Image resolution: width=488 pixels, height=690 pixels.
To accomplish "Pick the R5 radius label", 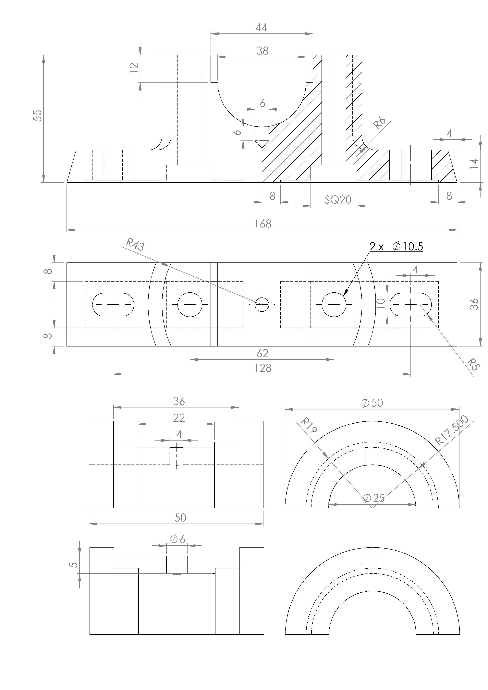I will click(473, 364).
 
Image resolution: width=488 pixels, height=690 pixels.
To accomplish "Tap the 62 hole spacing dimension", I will click(262, 353).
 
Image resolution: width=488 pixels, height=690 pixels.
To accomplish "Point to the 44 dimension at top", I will click(261, 28).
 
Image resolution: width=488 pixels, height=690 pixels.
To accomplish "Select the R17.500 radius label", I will click(452, 430).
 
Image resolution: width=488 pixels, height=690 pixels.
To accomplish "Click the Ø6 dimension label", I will click(178, 539).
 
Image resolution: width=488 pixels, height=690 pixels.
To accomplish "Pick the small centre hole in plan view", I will click(262, 305).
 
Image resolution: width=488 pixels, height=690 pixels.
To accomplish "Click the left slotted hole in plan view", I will click(113, 305).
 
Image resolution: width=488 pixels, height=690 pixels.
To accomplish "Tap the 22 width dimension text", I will click(179, 418).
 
